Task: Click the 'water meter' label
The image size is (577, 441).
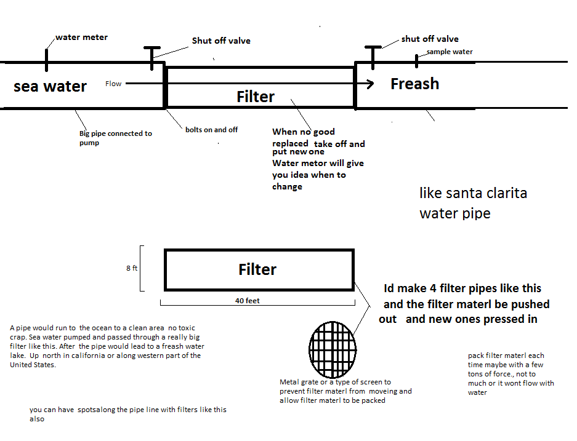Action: [81, 38]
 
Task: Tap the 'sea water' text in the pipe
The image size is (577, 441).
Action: [50, 86]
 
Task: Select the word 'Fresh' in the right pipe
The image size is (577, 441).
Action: [414, 84]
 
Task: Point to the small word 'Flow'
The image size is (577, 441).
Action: [113, 84]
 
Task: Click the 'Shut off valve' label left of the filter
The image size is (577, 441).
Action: [221, 41]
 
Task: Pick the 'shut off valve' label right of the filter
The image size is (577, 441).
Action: [430, 39]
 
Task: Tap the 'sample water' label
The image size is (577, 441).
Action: [450, 52]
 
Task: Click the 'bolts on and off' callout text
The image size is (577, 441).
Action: [211, 130]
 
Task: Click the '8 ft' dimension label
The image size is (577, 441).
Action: [131, 268]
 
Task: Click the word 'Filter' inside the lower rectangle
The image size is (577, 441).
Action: [257, 269]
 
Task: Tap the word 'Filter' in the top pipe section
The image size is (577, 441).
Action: [256, 97]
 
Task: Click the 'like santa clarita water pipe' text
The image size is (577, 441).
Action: [473, 203]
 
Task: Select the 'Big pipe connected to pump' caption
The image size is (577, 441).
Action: [115, 138]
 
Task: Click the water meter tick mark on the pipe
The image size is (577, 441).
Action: [46, 60]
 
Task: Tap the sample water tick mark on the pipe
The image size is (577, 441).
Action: [416, 60]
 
